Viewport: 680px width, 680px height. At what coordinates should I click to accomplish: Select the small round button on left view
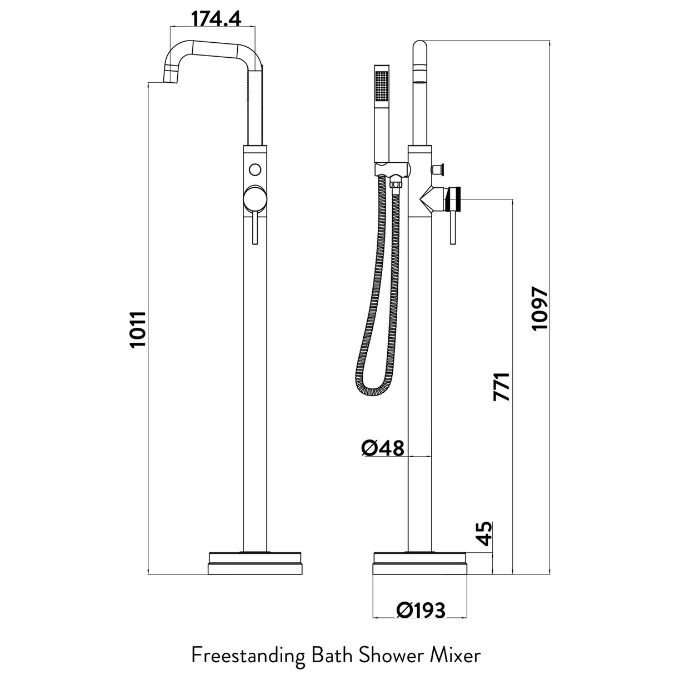point(256,168)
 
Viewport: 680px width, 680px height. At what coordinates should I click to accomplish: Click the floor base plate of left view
point(256,563)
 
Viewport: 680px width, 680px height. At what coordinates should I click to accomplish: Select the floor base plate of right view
point(421,563)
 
